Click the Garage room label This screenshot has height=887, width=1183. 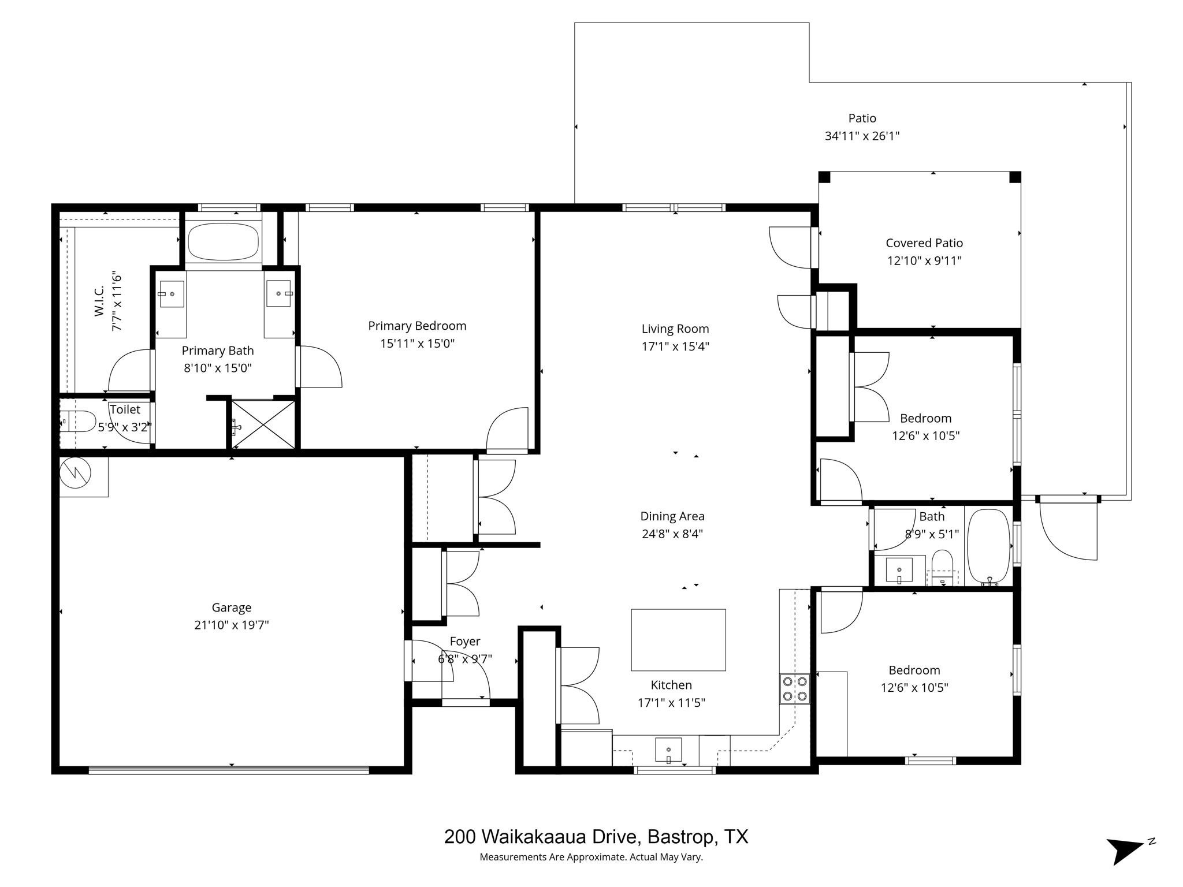pyautogui.click(x=231, y=608)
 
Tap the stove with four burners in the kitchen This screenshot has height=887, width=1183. pyautogui.click(x=794, y=689)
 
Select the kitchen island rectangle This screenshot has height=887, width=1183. pyautogui.click(x=678, y=640)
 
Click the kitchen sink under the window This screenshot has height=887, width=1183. pyautogui.click(x=668, y=750)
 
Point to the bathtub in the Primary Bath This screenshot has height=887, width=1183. pyautogui.click(x=223, y=242)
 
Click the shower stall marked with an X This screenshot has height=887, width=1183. pyautogui.click(x=263, y=425)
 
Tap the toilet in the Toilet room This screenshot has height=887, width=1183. pyautogui.click(x=77, y=422)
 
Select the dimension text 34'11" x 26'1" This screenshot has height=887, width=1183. pyautogui.click(x=862, y=136)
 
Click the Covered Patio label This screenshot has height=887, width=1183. pyautogui.click(x=924, y=243)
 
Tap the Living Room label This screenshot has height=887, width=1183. pyautogui.click(x=675, y=329)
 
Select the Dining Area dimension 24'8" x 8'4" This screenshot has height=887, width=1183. pyautogui.click(x=672, y=534)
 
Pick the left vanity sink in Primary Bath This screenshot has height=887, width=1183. pyautogui.click(x=172, y=294)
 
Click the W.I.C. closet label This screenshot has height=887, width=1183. pyautogui.click(x=99, y=301)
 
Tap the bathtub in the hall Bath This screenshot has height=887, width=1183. pyautogui.click(x=988, y=546)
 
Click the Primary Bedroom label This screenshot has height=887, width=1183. pyautogui.click(x=417, y=326)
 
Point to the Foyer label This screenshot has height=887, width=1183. pyautogui.click(x=465, y=642)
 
